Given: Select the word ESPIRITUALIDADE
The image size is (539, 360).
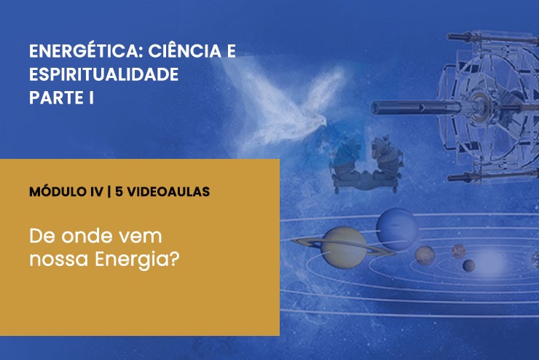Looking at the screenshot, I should (x=103, y=74).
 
